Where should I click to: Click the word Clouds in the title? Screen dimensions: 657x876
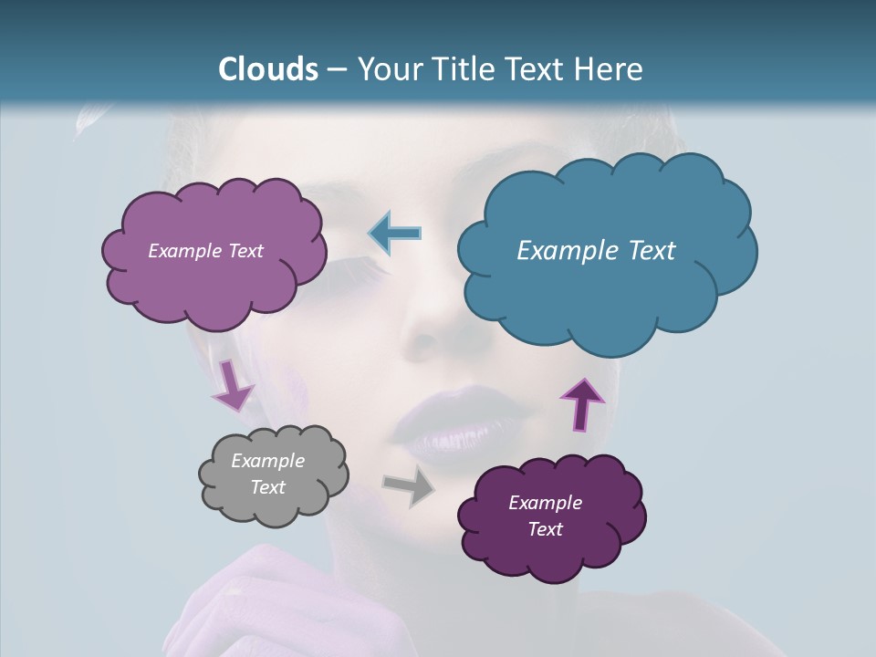pos(268,69)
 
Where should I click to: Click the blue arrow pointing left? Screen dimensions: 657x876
pos(394,233)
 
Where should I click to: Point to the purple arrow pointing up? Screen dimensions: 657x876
pos(582,403)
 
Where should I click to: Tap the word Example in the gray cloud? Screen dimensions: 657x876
pos(268,461)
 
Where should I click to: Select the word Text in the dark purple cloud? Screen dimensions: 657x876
pos(546,529)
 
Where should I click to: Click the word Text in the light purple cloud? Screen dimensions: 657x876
pos(245,251)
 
